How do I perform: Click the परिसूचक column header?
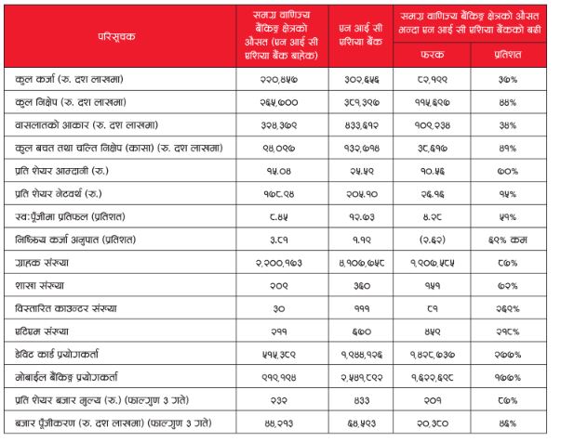pyautogui.click(x=116, y=36)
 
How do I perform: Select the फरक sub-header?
pyautogui.click(x=433, y=54)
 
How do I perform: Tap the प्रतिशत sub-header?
pyautogui.click(x=508, y=54)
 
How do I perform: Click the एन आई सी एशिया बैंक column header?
pyautogui.click(x=361, y=35)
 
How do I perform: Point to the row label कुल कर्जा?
pyautogui.click(x=35, y=79)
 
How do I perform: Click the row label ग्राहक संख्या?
pyautogui.click(x=42, y=263)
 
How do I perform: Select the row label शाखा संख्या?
pyautogui.click(x=39, y=286)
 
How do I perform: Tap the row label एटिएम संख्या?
pyautogui.click(x=42, y=331)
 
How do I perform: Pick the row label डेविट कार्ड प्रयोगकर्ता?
pyautogui.click(x=57, y=354)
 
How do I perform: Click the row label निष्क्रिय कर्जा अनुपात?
pyautogui.click(x=75, y=240)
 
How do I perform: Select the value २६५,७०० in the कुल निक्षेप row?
pyautogui.click(x=279, y=103)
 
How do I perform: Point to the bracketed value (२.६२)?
pyautogui.click(x=433, y=240)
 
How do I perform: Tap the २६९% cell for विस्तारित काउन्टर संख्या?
pyautogui.click(x=508, y=309)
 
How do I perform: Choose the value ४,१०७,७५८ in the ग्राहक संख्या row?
pyautogui.click(x=361, y=263)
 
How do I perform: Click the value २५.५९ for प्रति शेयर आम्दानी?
pyautogui.click(x=361, y=172)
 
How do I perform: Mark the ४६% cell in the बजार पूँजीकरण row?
pyautogui.click(x=508, y=423)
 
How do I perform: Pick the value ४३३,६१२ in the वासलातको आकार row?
pyautogui.click(x=361, y=125)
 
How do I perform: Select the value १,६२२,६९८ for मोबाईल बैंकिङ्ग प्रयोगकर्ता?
pyautogui.click(x=433, y=378)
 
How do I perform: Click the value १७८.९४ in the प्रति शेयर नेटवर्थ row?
pyautogui.click(x=279, y=194)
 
